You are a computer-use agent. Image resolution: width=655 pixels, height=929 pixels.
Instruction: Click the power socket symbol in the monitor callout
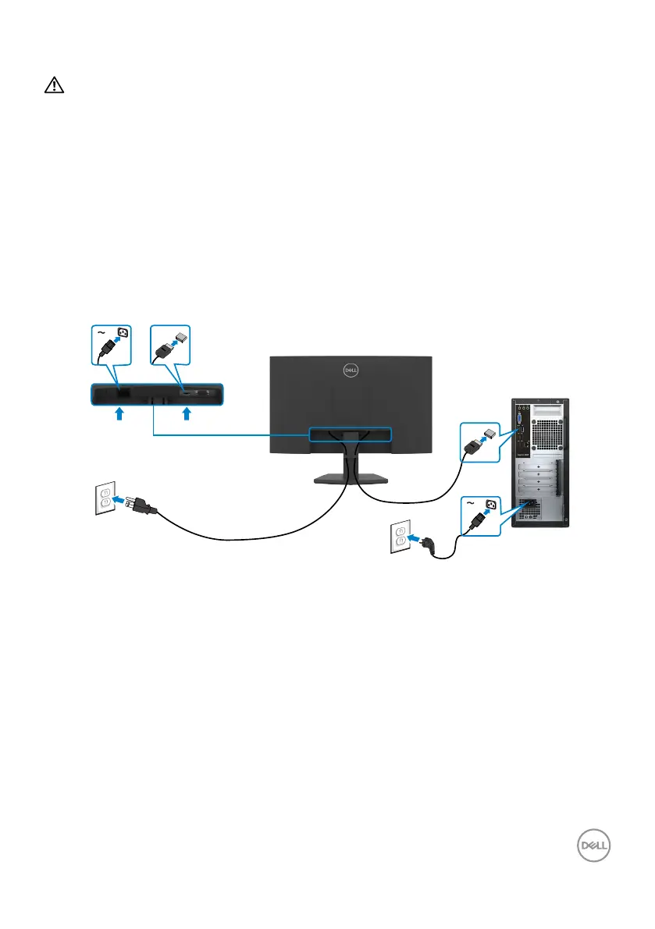tap(121, 335)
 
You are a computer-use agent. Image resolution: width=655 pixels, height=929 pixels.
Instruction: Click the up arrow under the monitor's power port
tap(119, 416)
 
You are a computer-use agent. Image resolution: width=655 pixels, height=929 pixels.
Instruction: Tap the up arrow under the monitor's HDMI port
tap(187, 416)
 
